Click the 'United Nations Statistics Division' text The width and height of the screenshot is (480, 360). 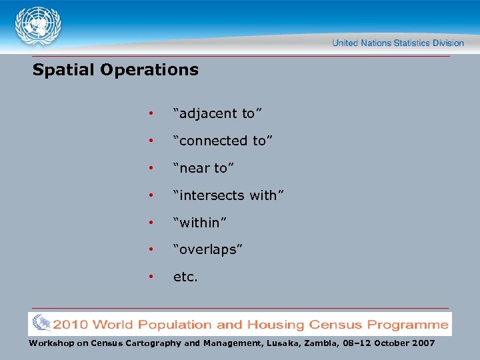[x=398, y=43]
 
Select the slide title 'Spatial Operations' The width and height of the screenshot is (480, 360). [x=115, y=70]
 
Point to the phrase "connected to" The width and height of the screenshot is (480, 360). [x=223, y=141]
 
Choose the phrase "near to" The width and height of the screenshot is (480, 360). [x=204, y=168]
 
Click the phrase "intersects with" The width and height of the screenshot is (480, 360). [x=229, y=195]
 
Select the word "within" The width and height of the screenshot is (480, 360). [x=200, y=222]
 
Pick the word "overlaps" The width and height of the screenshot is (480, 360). [x=208, y=249]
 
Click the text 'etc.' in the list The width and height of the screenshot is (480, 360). [x=185, y=277]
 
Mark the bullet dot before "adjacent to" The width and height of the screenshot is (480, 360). [x=152, y=114]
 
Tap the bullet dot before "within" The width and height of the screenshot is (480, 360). [x=152, y=223]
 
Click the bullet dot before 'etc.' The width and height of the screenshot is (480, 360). [x=152, y=277]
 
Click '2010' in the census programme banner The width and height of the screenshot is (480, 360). [x=71, y=325]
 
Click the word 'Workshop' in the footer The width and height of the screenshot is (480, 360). [x=51, y=343]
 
